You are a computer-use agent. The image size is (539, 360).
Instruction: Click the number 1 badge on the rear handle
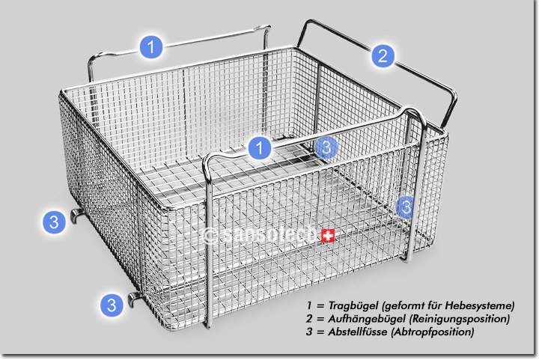151,46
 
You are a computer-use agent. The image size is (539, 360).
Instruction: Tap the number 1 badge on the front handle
260,147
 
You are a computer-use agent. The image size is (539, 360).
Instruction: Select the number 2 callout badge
383,55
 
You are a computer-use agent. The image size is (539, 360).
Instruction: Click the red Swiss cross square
328,236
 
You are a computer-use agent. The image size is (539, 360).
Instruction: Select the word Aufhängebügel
366,319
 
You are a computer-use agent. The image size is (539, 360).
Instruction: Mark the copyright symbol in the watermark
210,236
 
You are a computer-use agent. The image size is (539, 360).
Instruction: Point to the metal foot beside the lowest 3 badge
134,299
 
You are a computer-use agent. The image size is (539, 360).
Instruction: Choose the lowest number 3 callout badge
112,305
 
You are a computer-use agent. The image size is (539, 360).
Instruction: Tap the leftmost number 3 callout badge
54,222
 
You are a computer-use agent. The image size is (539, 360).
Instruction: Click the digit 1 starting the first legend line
309,305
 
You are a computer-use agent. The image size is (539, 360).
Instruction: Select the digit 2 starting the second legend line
310,319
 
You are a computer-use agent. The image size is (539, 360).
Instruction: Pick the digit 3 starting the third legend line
309,332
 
